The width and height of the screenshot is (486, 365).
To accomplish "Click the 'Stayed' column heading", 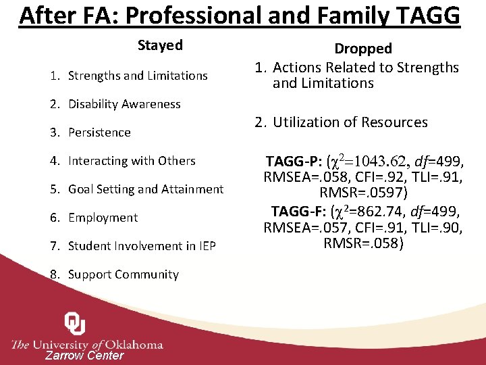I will [x=160, y=45].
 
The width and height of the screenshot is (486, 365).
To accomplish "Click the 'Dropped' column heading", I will [x=363, y=49].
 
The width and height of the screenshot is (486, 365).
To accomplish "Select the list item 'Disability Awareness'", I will [x=124, y=104].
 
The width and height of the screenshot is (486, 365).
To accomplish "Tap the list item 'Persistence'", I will [x=99, y=132].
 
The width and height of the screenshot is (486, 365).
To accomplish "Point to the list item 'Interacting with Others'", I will [x=132, y=161].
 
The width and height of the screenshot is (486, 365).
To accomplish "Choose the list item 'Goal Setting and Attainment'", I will [x=145, y=189].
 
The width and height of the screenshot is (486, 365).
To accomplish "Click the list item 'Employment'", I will [x=103, y=218].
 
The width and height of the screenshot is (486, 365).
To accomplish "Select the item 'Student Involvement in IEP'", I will [x=142, y=246].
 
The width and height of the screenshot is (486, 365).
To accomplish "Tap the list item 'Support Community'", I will [x=123, y=274].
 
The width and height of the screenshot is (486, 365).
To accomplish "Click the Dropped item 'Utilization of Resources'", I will [x=350, y=122].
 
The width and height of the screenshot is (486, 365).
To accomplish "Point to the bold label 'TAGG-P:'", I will [x=294, y=162].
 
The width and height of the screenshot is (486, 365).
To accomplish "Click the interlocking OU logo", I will [x=74, y=324].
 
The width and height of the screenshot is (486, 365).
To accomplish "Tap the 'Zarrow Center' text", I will [x=84, y=356].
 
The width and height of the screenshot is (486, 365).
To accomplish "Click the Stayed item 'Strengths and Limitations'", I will [x=138, y=76].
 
